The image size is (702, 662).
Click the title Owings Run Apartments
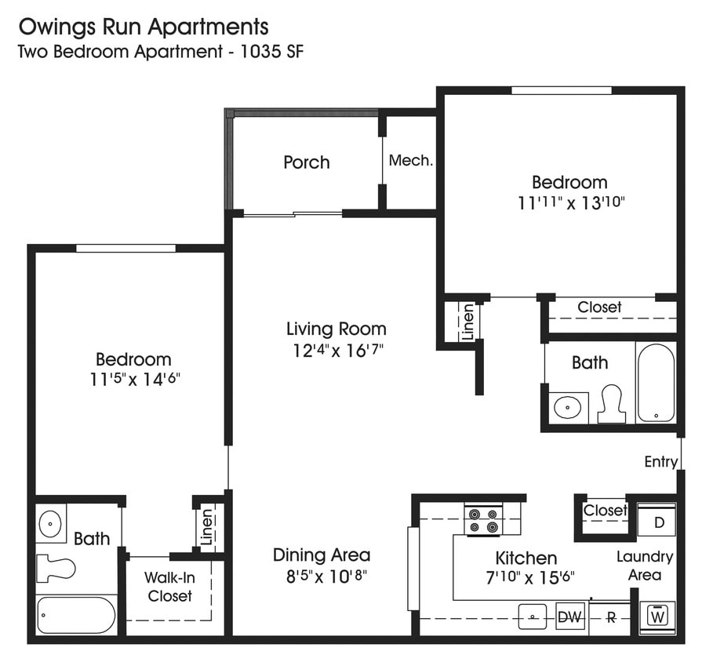(x=143, y=27)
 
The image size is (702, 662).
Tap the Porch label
(x=306, y=162)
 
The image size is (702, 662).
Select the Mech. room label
(x=411, y=161)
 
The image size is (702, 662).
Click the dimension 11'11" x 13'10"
(x=569, y=202)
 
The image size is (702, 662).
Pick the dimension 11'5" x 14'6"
(x=133, y=380)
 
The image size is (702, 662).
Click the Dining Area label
(x=321, y=555)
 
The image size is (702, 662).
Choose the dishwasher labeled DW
(x=569, y=617)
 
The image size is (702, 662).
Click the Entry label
(x=660, y=461)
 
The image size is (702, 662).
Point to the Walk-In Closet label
(x=169, y=587)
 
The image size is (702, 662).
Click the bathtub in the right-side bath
(x=655, y=383)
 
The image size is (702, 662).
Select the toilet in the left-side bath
(x=56, y=566)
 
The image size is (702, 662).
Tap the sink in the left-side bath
(x=51, y=522)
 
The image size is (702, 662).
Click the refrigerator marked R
(x=611, y=617)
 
